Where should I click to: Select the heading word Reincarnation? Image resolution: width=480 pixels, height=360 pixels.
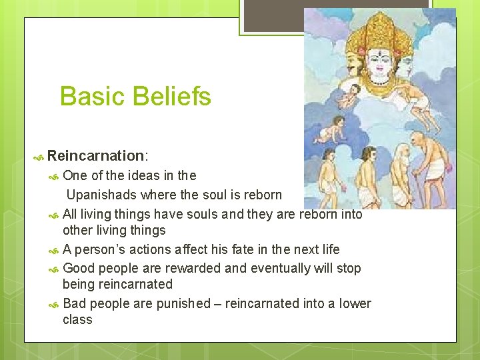pos(95,156)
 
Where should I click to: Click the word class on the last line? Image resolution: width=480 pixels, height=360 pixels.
pos(77,319)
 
